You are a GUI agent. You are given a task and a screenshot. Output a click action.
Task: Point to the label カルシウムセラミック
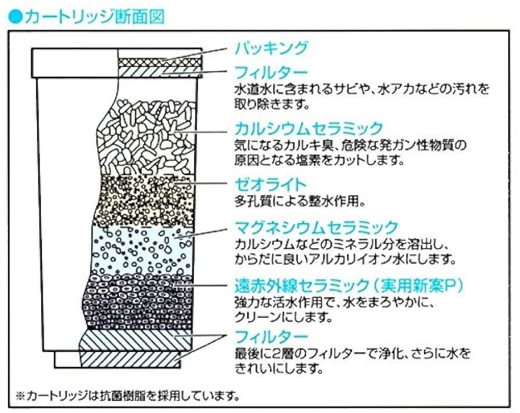(x=309, y=128)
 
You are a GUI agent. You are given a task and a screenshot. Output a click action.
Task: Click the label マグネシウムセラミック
(x=316, y=227)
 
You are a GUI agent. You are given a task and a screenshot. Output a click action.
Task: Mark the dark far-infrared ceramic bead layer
(x=140, y=300)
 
